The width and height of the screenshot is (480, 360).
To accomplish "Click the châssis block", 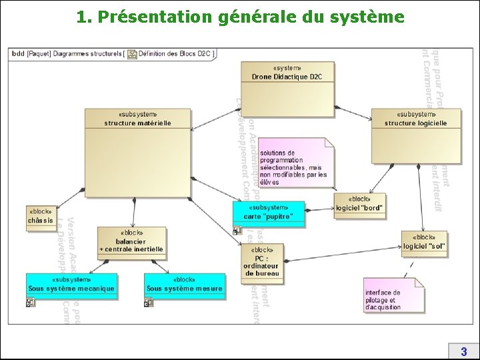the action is [x=41, y=217].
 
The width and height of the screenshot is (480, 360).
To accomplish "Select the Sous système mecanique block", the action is [x=71, y=285].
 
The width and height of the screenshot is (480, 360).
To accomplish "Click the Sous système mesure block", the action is [x=184, y=285].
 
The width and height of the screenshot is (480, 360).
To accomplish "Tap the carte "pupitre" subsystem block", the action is [x=269, y=213].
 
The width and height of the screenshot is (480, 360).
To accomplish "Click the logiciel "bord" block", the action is [x=359, y=205].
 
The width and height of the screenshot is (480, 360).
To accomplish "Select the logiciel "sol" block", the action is [x=424, y=243].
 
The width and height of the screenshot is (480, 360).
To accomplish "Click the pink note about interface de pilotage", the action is [x=393, y=296].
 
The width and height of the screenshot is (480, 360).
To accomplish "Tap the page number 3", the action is [x=463, y=351].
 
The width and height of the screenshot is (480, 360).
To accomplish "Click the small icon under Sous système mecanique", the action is [x=31, y=303].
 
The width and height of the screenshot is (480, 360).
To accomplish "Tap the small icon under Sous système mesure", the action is [x=149, y=303].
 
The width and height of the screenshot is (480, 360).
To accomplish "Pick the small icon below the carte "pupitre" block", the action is [x=237, y=231].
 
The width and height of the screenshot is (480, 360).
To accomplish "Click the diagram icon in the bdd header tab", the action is [x=132, y=54].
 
